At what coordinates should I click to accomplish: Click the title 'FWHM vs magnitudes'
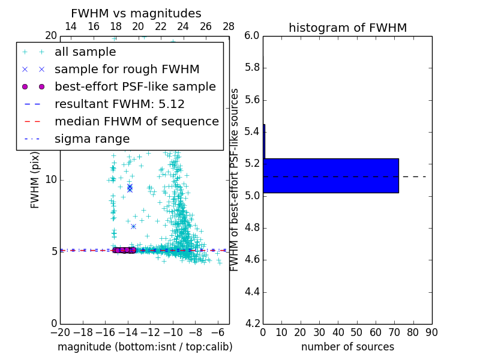click(136, 13)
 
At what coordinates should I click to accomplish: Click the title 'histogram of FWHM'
click(347, 28)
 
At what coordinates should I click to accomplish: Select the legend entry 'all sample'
click(85, 52)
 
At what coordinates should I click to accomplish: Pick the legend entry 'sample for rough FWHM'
click(127, 70)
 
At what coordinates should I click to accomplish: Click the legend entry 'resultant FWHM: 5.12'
click(119, 104)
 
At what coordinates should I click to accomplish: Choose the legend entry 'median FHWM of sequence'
click(136, 122)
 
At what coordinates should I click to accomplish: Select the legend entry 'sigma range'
click(92, 139)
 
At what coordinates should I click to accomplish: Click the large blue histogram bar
click(331, 175)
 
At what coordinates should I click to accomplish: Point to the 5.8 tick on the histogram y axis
click(252, 68)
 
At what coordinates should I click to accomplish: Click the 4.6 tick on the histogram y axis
click(252, 260)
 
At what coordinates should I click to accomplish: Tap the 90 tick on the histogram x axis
click(431, 332)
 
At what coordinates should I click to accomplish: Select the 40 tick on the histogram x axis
click(338, 332)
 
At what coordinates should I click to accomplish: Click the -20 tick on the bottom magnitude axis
click(60, 332)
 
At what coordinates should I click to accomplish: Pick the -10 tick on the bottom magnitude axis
click(173, 332)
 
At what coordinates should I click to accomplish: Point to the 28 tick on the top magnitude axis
click(229, 26)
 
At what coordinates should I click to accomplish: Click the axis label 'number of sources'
click(347, 347)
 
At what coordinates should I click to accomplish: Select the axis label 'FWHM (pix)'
click(35, 180)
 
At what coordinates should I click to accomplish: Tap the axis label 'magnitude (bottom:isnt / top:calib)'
click(145, 347)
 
